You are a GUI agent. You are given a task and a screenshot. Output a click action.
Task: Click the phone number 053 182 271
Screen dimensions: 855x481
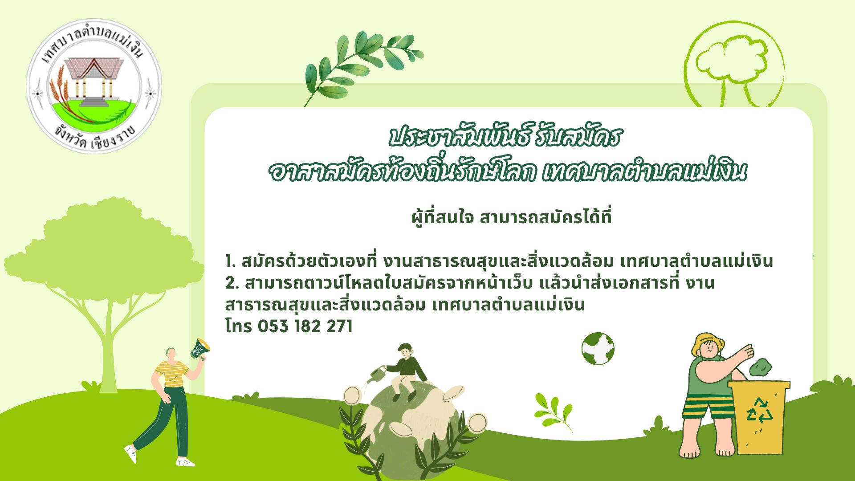pyautogui.click(x=305, y=326)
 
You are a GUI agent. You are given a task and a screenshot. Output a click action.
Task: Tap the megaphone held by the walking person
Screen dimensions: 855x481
pyautogui.click(x=200, y=348)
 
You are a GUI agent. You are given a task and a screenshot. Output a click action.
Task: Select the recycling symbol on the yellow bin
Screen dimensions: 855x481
pyautogui.click(x=759, y=410)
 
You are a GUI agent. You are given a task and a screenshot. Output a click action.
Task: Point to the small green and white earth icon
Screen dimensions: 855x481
pyautogui.click(x=598, y=349)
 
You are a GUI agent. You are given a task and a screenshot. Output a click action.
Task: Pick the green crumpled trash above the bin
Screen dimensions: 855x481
pyautogui.click(x=761, y=367)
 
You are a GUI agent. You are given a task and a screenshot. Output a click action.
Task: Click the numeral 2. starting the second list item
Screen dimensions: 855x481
pyautogui.click(x=232, y=283)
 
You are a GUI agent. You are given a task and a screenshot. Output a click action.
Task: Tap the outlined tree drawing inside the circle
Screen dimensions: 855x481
pyautogui.click(x=733, y=67)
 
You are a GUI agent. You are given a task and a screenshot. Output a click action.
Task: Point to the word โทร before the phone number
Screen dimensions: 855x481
pyautogui.click(x=239, y=326)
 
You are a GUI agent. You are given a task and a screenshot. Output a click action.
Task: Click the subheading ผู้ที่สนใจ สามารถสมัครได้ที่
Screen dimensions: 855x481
pyautogui.click(x=512, y=217)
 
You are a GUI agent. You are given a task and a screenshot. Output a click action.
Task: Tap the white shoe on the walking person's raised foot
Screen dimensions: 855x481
pyautogui.click(x=130, y=453)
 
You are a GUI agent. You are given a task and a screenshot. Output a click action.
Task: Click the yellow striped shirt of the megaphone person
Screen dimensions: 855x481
pyautogui.click(x=172, y=373)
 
